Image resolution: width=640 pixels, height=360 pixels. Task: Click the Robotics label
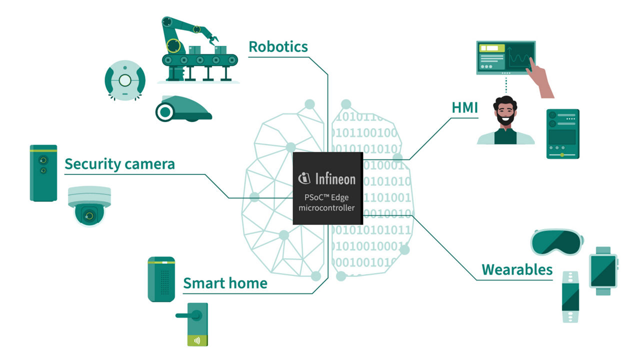click(x=278, y=46)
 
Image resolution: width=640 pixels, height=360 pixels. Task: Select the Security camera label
click(x=119, y=163)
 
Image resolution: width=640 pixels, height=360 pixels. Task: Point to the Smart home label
click(x=225, y=283)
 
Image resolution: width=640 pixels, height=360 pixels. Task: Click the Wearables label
click(x=517, y=270)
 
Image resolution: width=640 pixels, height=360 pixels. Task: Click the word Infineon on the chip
click(x=335, y=178)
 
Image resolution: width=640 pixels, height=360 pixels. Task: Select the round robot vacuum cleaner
click(x=125, y=80)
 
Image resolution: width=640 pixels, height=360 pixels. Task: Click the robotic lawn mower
click(x=182, y=109)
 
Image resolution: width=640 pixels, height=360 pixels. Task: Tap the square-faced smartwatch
click(x=603, y=270)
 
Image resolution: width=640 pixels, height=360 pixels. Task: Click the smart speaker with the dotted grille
click(x=161, y=279)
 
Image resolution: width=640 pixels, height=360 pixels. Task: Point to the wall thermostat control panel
click(x=562, y=134)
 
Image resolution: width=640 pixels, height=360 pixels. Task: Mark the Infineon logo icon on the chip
click(x=304, y=177)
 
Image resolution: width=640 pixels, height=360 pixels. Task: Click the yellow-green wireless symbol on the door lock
click(x=197, y=340)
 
